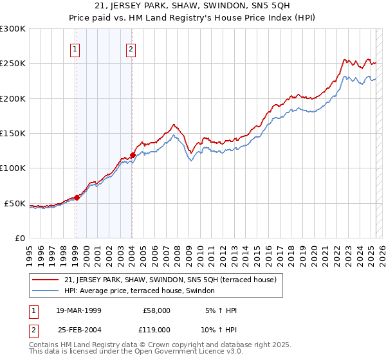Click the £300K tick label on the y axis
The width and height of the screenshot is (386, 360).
12,29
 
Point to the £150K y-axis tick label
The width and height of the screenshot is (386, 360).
12,133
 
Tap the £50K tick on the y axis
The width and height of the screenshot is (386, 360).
15,203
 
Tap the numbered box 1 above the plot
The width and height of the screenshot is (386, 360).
75,50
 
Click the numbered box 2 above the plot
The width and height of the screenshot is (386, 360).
131,50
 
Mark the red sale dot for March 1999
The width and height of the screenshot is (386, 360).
77,197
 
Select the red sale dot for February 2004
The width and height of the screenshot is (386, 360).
132,155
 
